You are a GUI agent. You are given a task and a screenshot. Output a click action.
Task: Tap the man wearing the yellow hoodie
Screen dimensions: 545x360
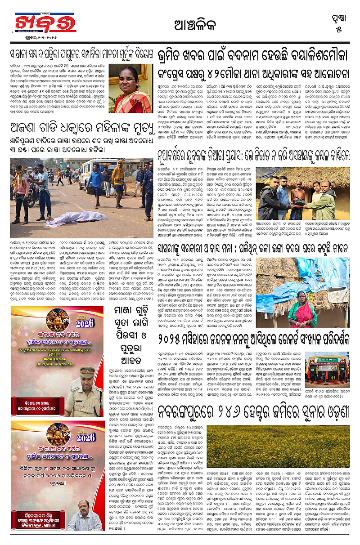(x=118, y=175)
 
